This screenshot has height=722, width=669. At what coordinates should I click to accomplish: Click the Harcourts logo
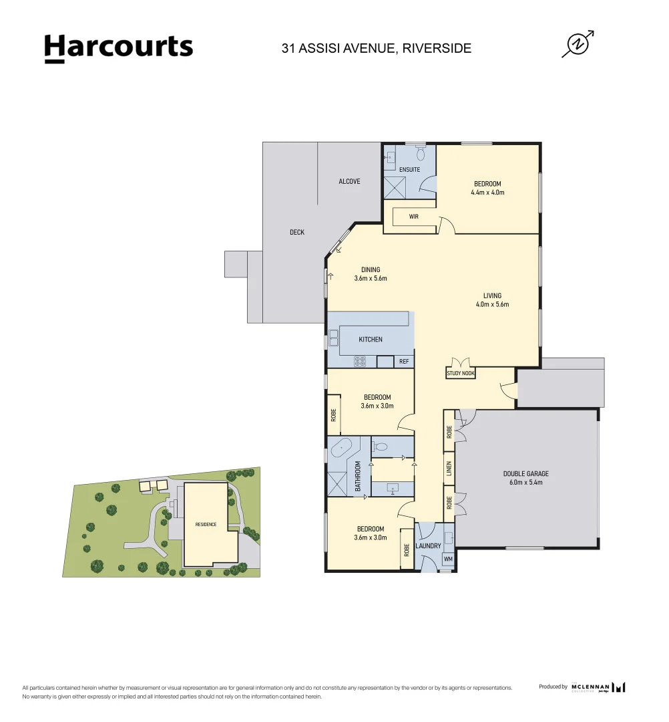(118, 48)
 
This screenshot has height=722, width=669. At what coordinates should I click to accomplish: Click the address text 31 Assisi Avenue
(377, 48)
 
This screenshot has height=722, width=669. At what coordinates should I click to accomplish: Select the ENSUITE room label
(409, 170)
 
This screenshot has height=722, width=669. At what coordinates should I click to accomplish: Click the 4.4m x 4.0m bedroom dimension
(487, 193)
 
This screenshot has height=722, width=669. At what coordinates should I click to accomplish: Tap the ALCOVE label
(349, 182)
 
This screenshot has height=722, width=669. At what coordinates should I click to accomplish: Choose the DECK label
(297, 233)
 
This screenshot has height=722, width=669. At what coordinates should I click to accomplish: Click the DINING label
(371, 270)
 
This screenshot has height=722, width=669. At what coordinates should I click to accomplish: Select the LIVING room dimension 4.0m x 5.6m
(492, 304)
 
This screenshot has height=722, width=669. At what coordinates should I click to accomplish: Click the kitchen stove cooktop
(360, 362)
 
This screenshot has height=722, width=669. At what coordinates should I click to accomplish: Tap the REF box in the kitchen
(403, 362)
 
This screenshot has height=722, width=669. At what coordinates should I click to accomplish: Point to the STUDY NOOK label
(461, 374)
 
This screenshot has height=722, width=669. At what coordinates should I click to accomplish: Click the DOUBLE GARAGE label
(526, 474)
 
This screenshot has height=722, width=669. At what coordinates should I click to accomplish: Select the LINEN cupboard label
(449, 471)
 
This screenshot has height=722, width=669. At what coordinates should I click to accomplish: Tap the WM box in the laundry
(447, 558)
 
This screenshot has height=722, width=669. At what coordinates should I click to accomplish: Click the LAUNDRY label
(429, 546)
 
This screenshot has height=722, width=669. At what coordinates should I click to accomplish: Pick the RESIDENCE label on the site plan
(206, 525)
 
